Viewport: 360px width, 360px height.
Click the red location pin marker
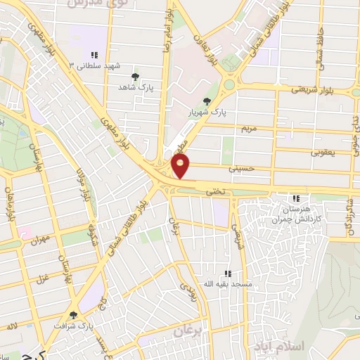coord(181,166)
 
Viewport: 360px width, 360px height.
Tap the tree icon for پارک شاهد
coord(136,77)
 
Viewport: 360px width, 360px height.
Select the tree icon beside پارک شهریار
coord(206,101)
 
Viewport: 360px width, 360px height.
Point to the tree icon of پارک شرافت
coord(73,316)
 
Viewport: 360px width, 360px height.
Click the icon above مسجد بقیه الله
coord(227,273)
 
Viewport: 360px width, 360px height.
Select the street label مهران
coord(40,240)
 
